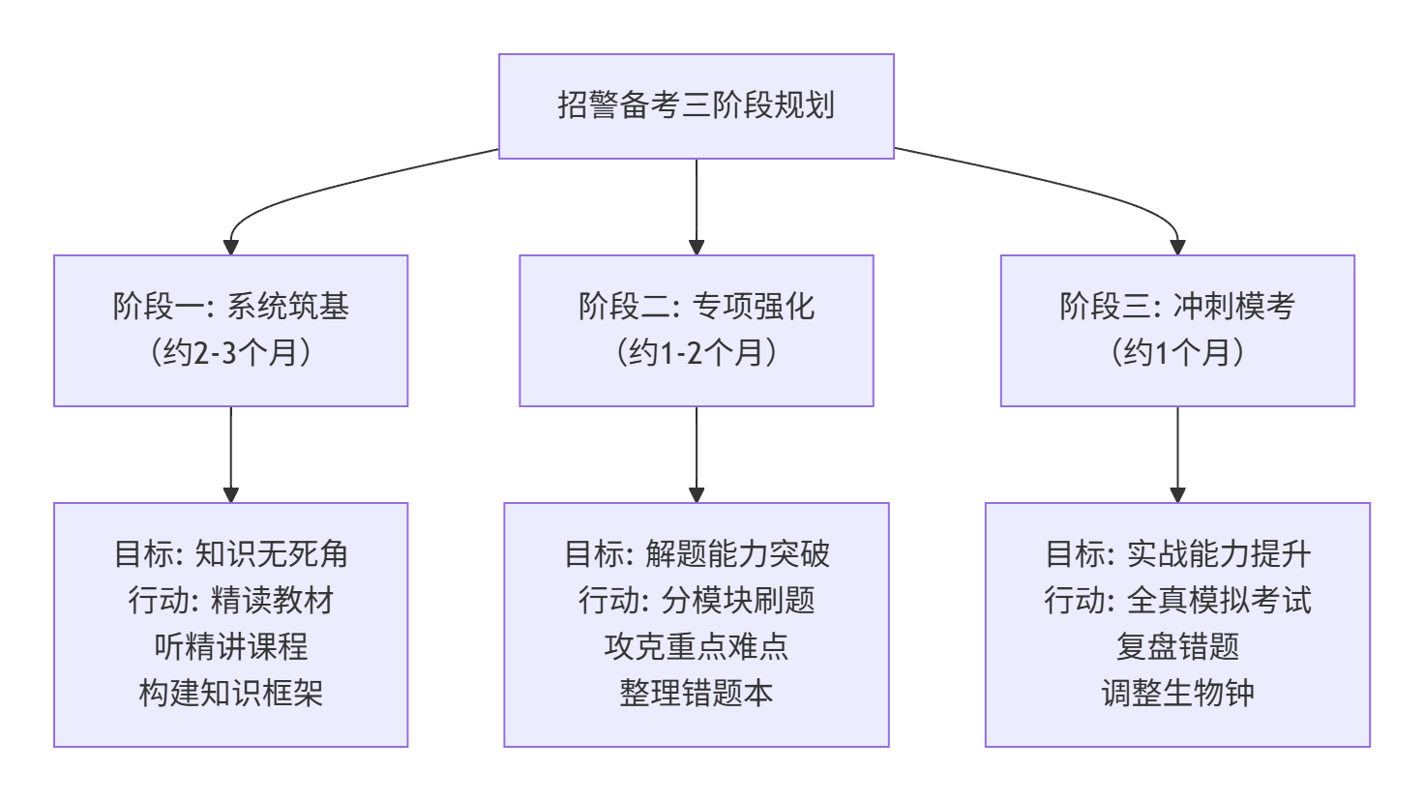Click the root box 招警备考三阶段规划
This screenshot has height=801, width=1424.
[x=696, y=105]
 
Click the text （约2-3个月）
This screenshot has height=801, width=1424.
[x=230, y=352]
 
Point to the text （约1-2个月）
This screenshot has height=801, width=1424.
[x=696, y=352]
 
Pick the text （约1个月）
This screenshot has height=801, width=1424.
[x=1176, y=352]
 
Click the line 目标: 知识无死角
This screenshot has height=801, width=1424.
[x=230, y=554]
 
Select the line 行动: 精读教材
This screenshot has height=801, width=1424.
[x=230, y=601]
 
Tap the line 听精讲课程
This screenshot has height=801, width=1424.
[x=230, y=646]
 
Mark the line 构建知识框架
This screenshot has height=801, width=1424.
[x=230, y=693]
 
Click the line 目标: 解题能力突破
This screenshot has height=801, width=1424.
[x=696, y=554]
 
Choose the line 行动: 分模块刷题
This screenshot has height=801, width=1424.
[x=696, y=601]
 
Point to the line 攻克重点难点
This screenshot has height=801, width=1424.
[x=696, y=646]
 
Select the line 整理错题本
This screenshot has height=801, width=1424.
[x=696, y=693]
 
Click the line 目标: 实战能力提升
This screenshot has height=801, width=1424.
[x=1176, y=554]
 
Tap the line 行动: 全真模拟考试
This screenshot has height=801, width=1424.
[x=1176, y=601]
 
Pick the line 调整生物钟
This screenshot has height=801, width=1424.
[x=1176, y=693]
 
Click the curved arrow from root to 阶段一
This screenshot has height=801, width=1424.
[x=319, y=190]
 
